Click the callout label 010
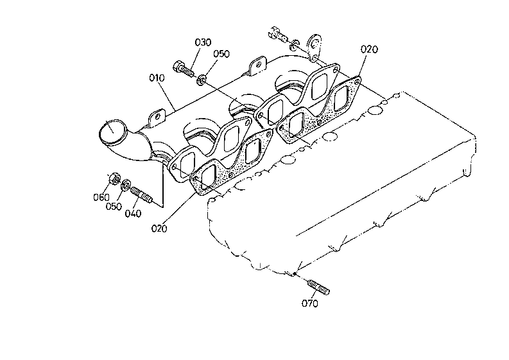coord(157,78)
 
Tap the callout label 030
coord(203,42)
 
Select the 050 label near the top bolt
coord(221,53)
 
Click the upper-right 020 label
coord(370,49)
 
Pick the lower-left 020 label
coord(159,228)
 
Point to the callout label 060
coord(101,197)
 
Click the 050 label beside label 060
coord(114,207)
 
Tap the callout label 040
coord(133,213)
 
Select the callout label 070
coord(310,304)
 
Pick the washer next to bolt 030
coord(202,79)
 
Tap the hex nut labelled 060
coord(114,178)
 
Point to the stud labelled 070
coord(318,287)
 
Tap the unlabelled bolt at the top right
coord(278,35)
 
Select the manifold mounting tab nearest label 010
coord(157,118)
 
